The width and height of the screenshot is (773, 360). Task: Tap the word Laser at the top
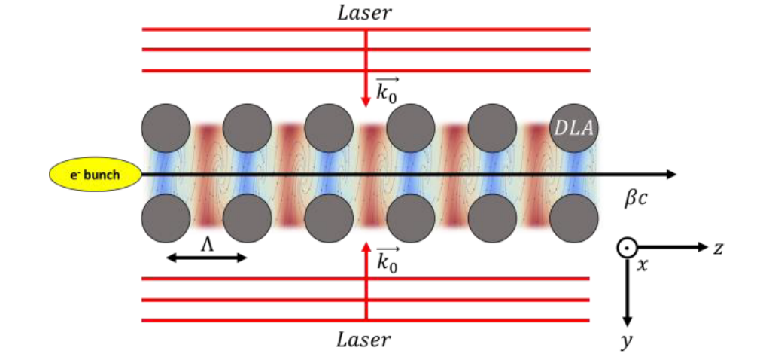366,13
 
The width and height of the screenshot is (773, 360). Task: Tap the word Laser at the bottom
366,339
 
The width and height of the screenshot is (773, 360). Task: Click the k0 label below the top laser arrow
388,93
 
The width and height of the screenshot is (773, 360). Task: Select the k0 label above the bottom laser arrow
388,261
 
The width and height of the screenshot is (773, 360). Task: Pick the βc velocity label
637,201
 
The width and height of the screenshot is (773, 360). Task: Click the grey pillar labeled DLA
574,129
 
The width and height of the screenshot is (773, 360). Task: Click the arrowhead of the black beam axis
669,175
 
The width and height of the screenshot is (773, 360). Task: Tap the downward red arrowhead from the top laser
366,100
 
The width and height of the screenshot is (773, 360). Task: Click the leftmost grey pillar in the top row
166,129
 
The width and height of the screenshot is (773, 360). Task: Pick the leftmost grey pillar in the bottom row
166,219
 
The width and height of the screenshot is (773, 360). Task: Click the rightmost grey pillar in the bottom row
574,219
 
